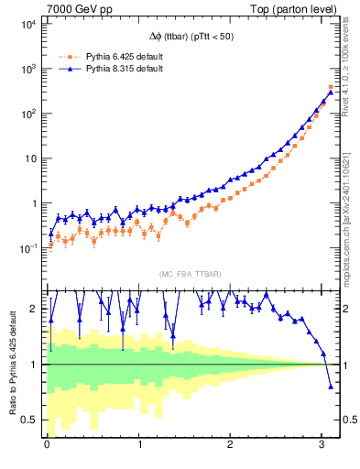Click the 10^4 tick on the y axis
[x=27, y=24]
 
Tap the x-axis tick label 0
[x=47, y=448]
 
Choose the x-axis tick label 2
[x=231, y=448]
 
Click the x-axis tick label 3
[x=322, y=448]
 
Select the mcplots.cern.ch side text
[x=349, y=211]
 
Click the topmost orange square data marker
[x=332, y=87]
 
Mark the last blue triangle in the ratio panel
[x=332, y=387]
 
